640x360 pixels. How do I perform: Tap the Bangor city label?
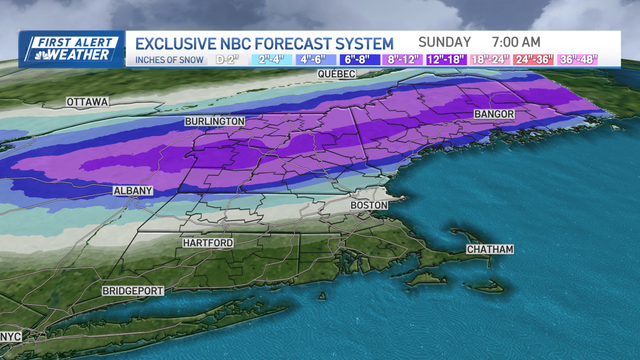[494, 115]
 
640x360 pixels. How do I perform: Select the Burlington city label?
[215, 122]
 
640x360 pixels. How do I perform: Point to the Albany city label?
[133, 190]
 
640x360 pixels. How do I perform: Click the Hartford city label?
[208, 243]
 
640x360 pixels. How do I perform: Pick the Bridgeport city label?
[133, 291]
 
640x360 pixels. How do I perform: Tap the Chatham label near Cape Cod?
[490, 249]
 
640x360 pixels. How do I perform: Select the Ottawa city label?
[88, 102]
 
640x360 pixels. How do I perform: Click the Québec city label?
[336, 74]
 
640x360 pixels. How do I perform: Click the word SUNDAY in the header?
[444, 42]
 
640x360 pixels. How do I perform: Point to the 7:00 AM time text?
[516, 42]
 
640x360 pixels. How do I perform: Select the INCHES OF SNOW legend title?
[169, 60]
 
